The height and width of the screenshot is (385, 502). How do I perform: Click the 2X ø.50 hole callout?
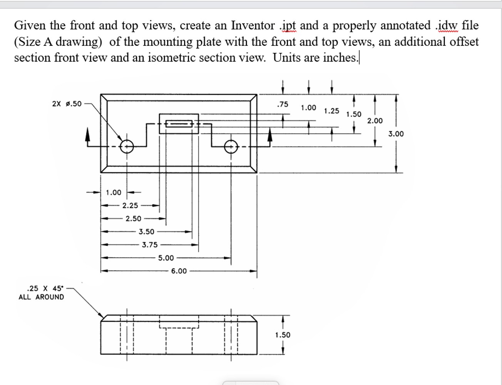pyautogui.click(x=67, y=104)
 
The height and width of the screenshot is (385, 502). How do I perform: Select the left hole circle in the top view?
pyautogui.click(x=126, y=146)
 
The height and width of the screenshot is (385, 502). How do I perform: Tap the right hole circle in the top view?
pyautogui.click(x=231, y=146)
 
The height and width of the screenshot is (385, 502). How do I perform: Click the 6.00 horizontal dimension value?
pyautogui.click(x=179, y=271)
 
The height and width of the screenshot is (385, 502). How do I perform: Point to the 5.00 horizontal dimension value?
pyautogui.click(x=166, y=258)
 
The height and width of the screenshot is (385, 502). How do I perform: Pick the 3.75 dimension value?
pyautogui.click(x=150, y=245)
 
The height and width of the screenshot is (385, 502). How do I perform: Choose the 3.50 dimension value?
pyautogui.click(x=146, y=232)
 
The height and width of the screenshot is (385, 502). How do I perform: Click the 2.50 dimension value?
pyautogui.click(x=133, y=219)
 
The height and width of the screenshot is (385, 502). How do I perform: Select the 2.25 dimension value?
pyautogui.click(x=130, y=206)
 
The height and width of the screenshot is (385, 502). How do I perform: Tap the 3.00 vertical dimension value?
pyautogui.click(x=396, y=134)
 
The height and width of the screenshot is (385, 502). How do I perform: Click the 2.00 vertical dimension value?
pyautogui.click(x=375, y=121)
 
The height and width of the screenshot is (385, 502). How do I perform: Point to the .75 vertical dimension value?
pyautogui.click(x=283, y=104)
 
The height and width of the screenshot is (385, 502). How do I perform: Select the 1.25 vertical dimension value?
pyautogui.click(x=331, y=111)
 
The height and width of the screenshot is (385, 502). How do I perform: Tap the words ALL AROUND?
pyautogui.click(x=41, y=297)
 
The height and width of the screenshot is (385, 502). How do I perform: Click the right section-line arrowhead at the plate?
pyautogui.click(x=270, y=134)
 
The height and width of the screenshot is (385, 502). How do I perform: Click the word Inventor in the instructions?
pyautogui.click(x=253, y=25)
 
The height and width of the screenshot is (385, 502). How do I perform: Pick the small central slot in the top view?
pyautogui.click(x=179, y=124)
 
